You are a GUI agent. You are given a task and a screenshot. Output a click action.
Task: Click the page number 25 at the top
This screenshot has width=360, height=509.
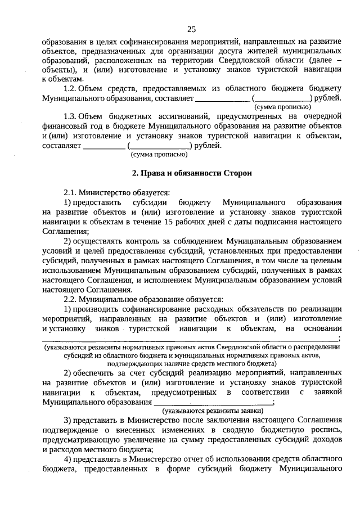click(x=191, y=30)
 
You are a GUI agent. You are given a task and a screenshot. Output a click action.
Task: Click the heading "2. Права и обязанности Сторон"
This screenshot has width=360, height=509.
click(x=191, y=173)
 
